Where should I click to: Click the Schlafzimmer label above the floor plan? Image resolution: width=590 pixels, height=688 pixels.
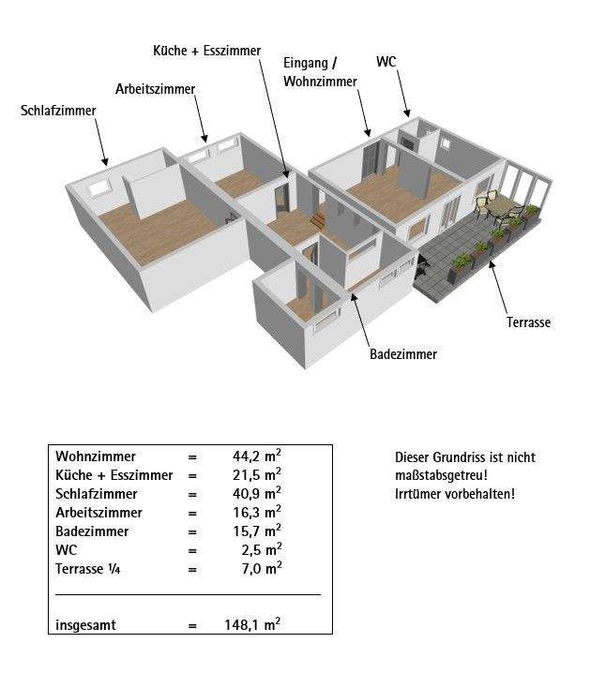click(58, 112)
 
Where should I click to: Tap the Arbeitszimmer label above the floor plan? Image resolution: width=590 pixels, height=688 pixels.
click(155, 89)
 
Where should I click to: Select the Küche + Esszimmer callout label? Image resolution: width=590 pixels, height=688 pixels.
click(206, 50)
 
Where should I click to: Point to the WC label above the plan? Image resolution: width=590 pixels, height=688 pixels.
click(386, 62)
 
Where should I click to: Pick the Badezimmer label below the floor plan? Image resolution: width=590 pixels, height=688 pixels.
click(402, 354)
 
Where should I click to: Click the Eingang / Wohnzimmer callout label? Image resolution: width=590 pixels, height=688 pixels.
click(320, 72)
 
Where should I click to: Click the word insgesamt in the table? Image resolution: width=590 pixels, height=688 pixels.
click(85, 625)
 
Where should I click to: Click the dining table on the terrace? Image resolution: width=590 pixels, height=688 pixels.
click(502, 205)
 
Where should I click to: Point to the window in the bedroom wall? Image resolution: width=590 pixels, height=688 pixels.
click(98, 187)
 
